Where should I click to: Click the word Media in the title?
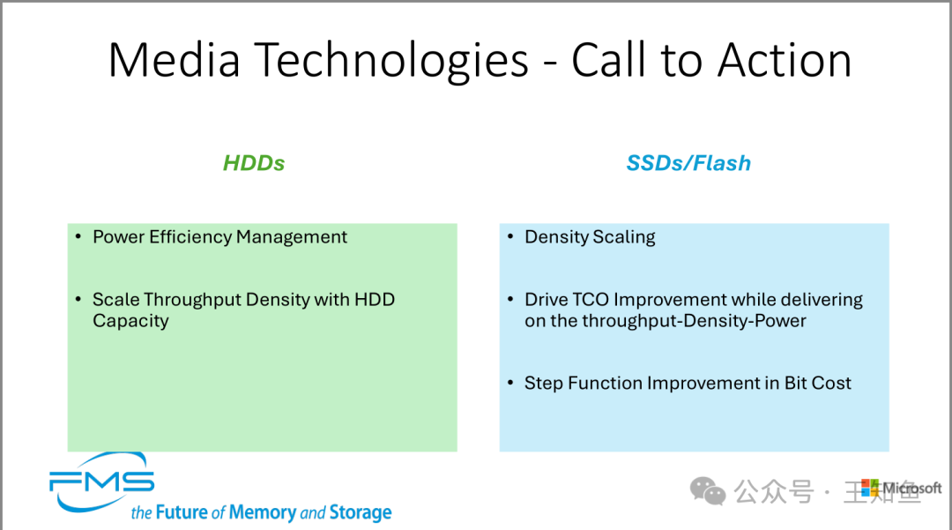coord(175,60)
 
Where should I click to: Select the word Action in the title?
coord(785,60)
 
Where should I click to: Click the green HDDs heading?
coord(254,163)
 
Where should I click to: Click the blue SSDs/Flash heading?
coord(688,163)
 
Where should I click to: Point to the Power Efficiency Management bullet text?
coord(219,237)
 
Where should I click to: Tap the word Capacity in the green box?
coord(130,321)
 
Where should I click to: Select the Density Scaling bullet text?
coord(590,237)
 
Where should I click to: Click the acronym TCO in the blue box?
coord(590,300)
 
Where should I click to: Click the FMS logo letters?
coord(101,481)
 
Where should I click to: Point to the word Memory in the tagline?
coord(262,512)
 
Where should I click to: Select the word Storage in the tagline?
coord(360,512)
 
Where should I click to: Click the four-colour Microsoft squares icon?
coord(870,488)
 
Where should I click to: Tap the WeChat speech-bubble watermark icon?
coord(709,490)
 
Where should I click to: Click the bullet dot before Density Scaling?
coord(511,237)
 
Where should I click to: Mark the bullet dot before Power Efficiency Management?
coord(79,237)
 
